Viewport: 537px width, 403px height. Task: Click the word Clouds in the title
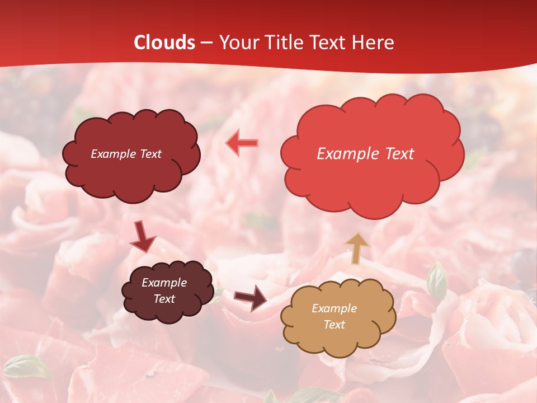point(164,43)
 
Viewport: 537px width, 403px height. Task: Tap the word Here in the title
point(373,43)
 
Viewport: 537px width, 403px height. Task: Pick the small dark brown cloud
point(168,313)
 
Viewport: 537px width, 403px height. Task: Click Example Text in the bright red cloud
point(365,154)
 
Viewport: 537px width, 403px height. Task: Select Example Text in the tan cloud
point(335,316)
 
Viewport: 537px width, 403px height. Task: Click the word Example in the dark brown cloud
point(164,283)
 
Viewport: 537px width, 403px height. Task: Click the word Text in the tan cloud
point(335,325)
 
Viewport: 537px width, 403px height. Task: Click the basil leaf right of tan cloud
point(437,280)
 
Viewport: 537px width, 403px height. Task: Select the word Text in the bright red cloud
point(396,154)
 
